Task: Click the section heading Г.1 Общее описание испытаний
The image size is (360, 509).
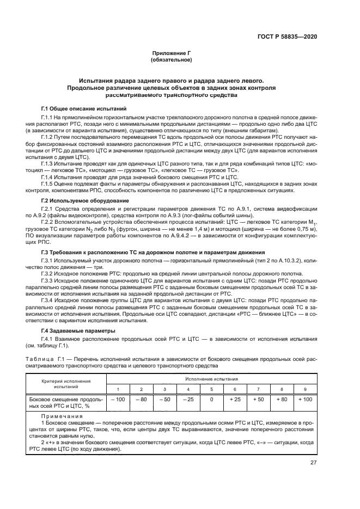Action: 84,109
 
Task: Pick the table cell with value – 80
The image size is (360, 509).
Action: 141,400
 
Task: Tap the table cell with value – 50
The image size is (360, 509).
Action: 164,400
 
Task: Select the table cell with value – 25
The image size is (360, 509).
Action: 188,400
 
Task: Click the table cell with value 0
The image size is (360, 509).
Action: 211,400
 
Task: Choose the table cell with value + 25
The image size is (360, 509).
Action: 235,400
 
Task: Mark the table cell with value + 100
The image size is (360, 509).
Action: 305,400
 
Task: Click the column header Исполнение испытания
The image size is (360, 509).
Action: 211,378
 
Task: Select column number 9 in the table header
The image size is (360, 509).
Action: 305,389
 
